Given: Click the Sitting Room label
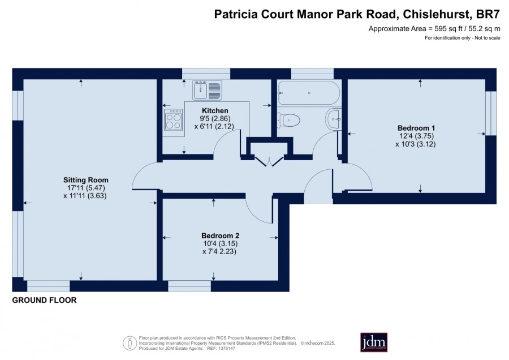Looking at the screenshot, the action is coord(86,180).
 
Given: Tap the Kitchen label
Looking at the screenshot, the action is coord(215,110).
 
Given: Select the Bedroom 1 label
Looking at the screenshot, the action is coord(416,128).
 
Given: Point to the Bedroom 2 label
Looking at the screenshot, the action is coord(220,235).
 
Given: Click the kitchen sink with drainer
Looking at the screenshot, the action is coord(207,90).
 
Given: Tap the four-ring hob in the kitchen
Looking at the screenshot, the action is coord(174,119).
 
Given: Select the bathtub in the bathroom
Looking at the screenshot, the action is coord(309,93).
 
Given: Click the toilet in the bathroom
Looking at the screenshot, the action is coord(288,120).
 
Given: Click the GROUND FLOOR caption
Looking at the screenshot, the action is coord(45,300).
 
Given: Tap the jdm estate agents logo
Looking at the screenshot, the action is coord(374,342).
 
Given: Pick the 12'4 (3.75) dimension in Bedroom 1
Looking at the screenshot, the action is coord(416,136).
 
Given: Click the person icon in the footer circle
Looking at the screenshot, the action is coord(130,343).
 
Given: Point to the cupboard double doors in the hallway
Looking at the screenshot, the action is coord(269,161).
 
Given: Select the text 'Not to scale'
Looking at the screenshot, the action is coord(488,38).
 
